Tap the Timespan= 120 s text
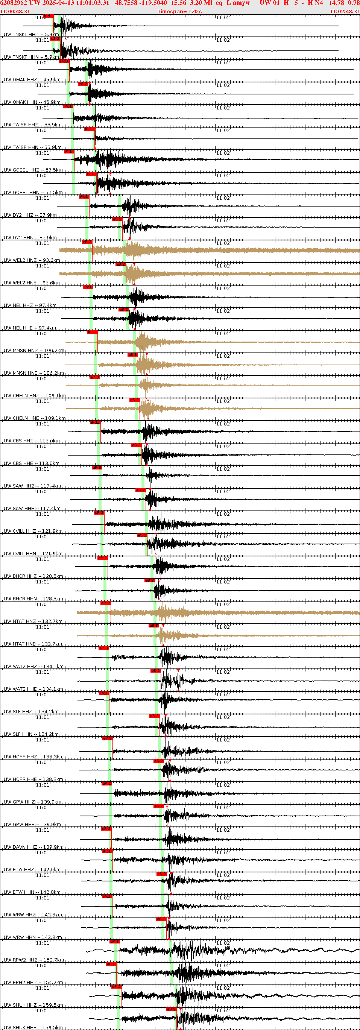point(179,11)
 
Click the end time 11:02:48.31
point(345,11)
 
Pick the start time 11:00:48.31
point(15,11)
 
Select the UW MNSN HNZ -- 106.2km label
point(34,351)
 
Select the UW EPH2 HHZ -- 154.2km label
point(33,983)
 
